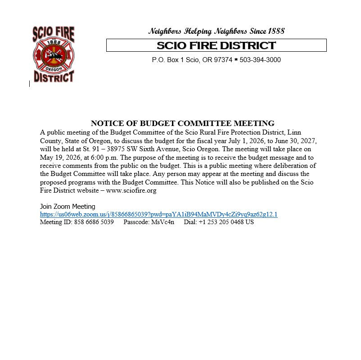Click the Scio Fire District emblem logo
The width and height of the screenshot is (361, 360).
(53, 54)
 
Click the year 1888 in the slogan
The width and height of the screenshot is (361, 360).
(276, 31)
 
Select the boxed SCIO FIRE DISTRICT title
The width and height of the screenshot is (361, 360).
(216, 45)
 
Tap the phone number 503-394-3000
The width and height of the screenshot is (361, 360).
(260, 60)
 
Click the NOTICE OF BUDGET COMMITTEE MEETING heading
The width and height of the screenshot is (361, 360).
(182, 123)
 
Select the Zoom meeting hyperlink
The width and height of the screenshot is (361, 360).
(158, 214)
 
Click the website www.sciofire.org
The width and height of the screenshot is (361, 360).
(131, 190)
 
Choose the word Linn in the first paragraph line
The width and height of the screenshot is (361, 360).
(310, 132)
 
